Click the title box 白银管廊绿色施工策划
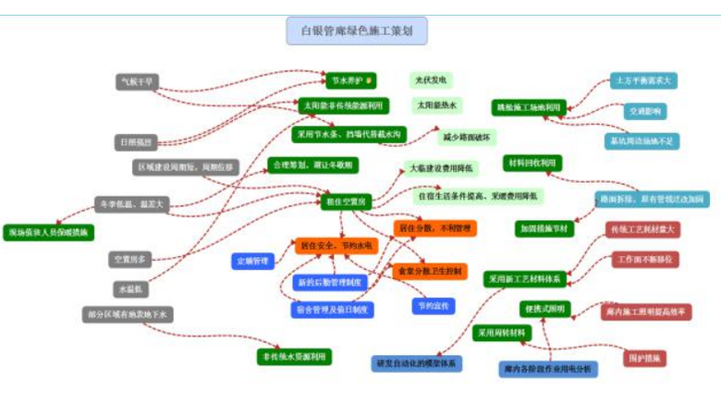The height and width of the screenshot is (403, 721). [357, 31]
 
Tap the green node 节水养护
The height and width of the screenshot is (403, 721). [350, 80]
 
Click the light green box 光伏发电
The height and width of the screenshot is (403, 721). [431, 80]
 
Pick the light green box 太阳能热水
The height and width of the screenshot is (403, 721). [437, 105]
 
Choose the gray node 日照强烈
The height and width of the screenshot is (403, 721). [136, 142]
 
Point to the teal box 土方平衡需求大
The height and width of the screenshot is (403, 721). [643, 80]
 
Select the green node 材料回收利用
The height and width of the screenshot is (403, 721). [533, 163]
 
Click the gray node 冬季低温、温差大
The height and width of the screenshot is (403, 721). [131, 204]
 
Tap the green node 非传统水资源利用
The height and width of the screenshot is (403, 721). [293, 356]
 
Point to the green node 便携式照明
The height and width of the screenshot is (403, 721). [545, 308]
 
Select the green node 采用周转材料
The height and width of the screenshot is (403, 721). [503, 333]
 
